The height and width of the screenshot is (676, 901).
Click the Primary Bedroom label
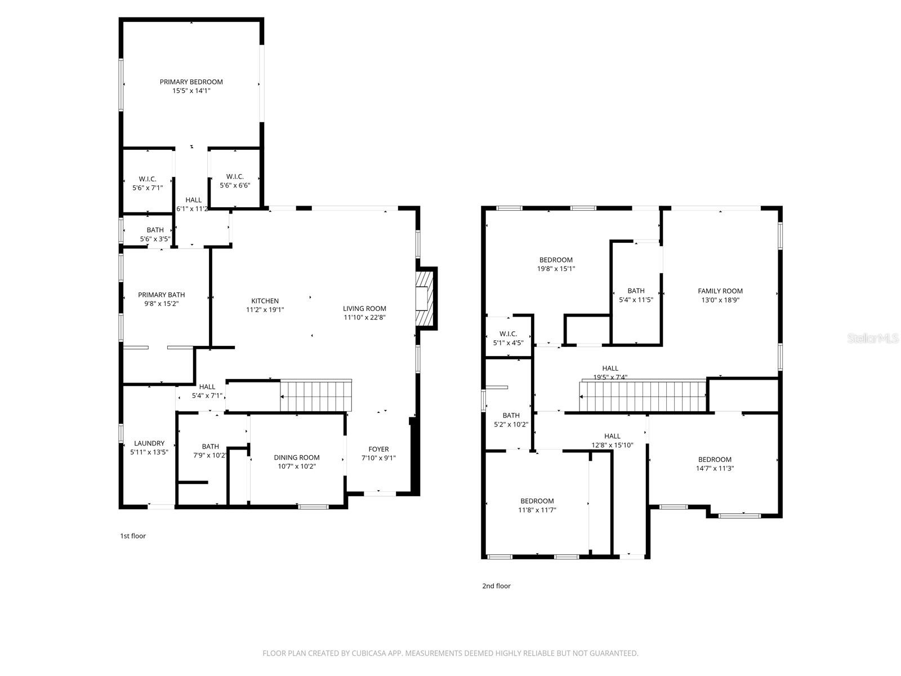(191, 82)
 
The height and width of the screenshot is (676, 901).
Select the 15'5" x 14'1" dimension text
(191, 91)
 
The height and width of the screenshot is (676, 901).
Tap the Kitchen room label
(265, 301)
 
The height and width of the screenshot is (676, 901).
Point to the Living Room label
(364, 308)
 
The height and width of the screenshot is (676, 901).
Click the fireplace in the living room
(425, 299)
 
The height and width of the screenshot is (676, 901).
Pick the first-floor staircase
(316, 397)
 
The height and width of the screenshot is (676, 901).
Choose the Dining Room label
(297, 457)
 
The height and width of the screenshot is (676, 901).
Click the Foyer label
(378, 449)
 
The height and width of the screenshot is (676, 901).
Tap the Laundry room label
(149, 443)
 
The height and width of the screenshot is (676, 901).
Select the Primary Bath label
(162, 295)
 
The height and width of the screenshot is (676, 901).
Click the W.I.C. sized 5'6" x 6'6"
(235, 181)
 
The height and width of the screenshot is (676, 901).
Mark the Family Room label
(720, 291)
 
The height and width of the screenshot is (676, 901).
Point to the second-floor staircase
(643, 397)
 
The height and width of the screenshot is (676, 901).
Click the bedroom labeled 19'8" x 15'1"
(556, 264)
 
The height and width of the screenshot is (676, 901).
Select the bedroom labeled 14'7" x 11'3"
(715, 464)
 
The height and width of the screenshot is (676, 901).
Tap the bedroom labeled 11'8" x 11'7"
(537, 505)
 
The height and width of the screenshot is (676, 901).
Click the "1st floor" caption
(133, 536)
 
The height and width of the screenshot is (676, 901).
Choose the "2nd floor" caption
(496, 586)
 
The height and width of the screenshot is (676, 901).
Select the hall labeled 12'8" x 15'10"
(612, 440)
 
